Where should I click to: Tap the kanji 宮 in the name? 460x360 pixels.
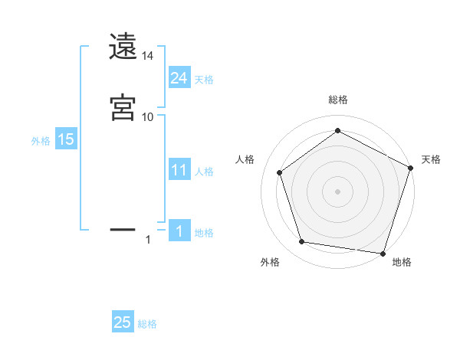[123, 106]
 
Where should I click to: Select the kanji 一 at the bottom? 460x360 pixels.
[123, 228]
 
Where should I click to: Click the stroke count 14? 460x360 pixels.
[148, 56]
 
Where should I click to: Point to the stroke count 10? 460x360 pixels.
[148, 116]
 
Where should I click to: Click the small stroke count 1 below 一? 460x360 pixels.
[148, 241]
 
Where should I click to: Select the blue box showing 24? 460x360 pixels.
[179, 78]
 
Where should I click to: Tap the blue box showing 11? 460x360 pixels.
[179, 171]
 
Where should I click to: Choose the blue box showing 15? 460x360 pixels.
[66, 140]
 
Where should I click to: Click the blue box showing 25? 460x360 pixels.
[123, 323]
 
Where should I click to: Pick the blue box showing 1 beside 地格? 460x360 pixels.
[179, 232]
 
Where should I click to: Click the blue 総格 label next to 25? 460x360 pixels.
[147, 324]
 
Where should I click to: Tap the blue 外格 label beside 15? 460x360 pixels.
[40, 141]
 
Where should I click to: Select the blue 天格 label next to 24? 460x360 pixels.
[204, 80]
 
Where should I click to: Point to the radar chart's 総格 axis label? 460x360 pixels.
[337, 100]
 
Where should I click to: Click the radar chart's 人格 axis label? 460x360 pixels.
[245, 159]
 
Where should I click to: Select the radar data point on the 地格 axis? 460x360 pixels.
[383, 253]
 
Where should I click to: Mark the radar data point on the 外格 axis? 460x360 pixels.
[302, 242]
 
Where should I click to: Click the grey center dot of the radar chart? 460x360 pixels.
[337, 191]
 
